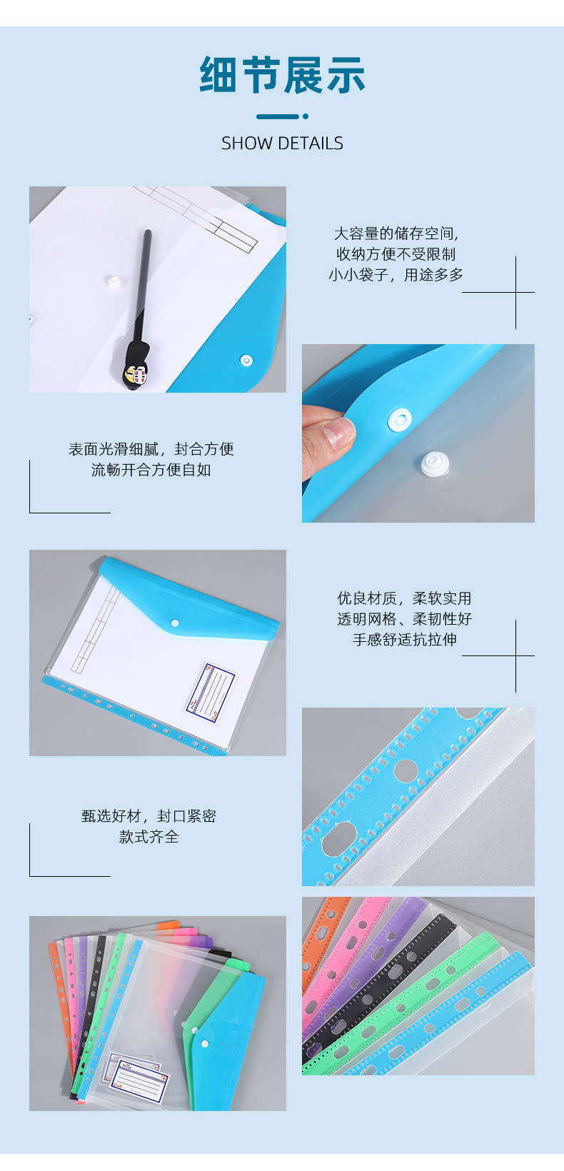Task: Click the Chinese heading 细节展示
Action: point(282,75)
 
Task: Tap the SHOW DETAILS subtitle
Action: point(282,144)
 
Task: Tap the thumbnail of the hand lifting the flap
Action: point(418,433)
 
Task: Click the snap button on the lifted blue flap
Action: point(400,420)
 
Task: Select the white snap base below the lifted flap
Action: point(435,464)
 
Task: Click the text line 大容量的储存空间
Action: point(396,233)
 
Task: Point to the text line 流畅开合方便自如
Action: point(151,470)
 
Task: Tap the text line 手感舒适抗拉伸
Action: point(405,639)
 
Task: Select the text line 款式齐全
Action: point(149,836)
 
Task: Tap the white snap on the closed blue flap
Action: point(175,623)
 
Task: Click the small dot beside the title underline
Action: point(306,116)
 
